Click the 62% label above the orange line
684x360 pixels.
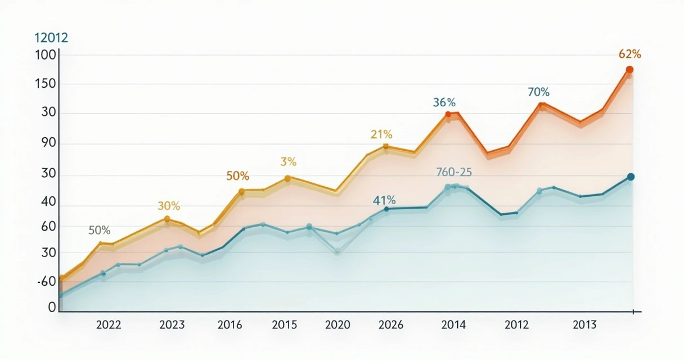(629, 54)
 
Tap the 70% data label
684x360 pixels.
(538, 92)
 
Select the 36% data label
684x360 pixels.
(444, 102)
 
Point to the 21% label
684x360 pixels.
(381, 134)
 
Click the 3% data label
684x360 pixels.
(288, 162)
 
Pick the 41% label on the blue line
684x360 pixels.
(384, 200)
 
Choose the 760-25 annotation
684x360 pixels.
(454, 172)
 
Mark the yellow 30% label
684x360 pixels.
(168, 206)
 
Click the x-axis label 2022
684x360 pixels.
(109, 325)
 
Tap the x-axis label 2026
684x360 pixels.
(390, 325)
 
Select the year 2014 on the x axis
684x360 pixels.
(453, 325)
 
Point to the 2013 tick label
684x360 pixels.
(584, 325)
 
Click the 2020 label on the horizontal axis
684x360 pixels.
(337, 325)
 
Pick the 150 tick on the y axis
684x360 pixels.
(44, 84)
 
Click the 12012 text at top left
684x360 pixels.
(51, 38)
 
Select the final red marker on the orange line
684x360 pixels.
(629, 70)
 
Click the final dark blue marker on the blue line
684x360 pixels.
(631, 177)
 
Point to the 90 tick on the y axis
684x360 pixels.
(45, 143)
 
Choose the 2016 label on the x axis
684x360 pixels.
(229, 325)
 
